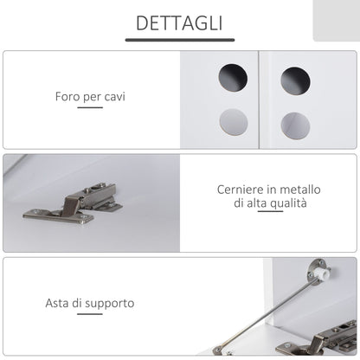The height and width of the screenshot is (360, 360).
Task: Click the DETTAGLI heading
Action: pyautogui.click(x=179, y=23)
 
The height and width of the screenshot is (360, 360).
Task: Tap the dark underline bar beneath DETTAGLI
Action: pyautogui.click(x=180, y=40)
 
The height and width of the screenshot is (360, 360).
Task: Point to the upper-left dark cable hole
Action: pyautogui.click(x=233, y=78)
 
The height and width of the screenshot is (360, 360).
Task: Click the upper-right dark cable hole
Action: pyautogui.click(x=295, y=81)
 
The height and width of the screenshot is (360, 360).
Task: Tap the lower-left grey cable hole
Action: pyautogui.click(x=234, y=122)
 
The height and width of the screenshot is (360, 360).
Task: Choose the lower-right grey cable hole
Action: pyautogui.click(x=295, y=126)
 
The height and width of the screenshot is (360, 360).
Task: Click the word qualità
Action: pyautogui.click(x=288, y=203)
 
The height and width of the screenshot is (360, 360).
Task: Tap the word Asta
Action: pyautogui.click(x=57, y=303)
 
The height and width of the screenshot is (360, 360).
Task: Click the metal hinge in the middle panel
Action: pyautogui.click(x=73, y=204)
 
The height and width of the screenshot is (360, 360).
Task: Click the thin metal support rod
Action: pyautogui.click(x=267, y=313)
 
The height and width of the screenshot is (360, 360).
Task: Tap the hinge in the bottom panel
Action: pyautogui.click(x=318, y=340)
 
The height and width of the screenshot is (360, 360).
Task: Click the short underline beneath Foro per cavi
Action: pyautogui.click(x=90, y=107)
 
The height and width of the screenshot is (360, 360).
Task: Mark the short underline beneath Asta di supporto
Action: pyautogui.click(x=90, y=314)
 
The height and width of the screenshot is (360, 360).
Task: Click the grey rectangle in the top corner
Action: pyautogui.click(x=337, y=21)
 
